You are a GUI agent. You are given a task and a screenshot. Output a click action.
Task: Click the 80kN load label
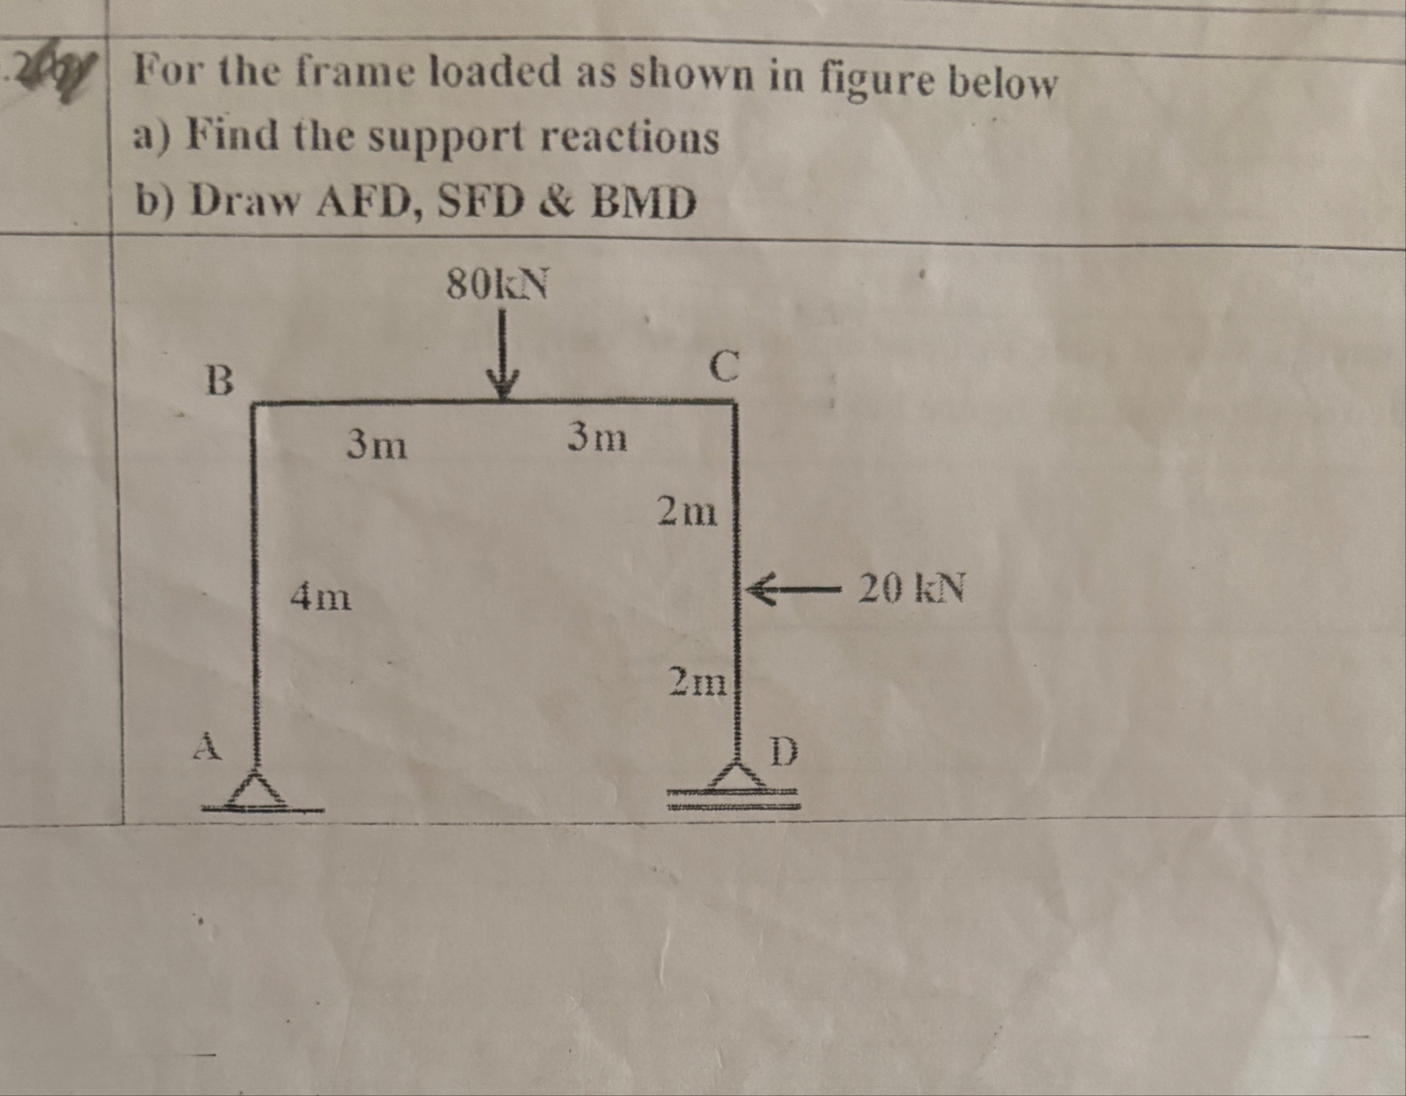(497, 284)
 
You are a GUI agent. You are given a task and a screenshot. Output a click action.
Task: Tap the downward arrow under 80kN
(502, 354)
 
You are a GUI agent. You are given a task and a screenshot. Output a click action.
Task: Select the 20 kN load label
(911, 588)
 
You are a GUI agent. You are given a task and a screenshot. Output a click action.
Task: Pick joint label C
(723, 367)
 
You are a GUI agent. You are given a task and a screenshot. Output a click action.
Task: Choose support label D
(784, 751)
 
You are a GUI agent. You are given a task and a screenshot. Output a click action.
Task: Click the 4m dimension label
(321, 596)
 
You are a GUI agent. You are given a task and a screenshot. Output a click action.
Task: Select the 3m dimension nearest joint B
(377, 445)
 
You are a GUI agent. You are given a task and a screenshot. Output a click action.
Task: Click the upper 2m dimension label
(687, 511)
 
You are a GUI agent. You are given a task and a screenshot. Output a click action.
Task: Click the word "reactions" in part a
(630, 138)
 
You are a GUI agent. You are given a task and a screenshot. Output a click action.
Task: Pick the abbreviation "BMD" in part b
(643, 203)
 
